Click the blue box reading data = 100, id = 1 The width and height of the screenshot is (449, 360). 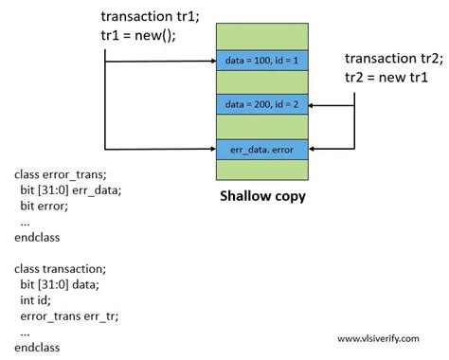262,60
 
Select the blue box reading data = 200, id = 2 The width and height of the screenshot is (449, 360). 262,104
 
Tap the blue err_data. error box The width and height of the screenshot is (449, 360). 262,150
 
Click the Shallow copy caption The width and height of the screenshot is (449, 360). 262,196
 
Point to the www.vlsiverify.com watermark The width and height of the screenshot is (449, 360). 378,339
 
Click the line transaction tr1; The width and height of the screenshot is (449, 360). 151,16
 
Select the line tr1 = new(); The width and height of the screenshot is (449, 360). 138,35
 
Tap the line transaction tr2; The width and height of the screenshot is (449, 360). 394,59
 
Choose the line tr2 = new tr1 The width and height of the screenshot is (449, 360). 386,77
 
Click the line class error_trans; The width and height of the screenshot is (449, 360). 61,174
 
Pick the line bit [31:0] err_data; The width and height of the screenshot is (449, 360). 71,190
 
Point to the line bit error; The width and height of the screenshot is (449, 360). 45,206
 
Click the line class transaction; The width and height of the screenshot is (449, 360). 61,269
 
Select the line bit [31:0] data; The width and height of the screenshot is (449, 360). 60,284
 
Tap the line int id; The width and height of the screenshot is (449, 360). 35,300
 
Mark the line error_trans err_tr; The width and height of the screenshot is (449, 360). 69,316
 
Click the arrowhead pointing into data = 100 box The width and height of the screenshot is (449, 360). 214,61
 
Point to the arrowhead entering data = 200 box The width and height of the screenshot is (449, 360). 311,105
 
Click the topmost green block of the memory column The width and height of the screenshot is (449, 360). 262,36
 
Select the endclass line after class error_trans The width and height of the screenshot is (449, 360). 37,237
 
